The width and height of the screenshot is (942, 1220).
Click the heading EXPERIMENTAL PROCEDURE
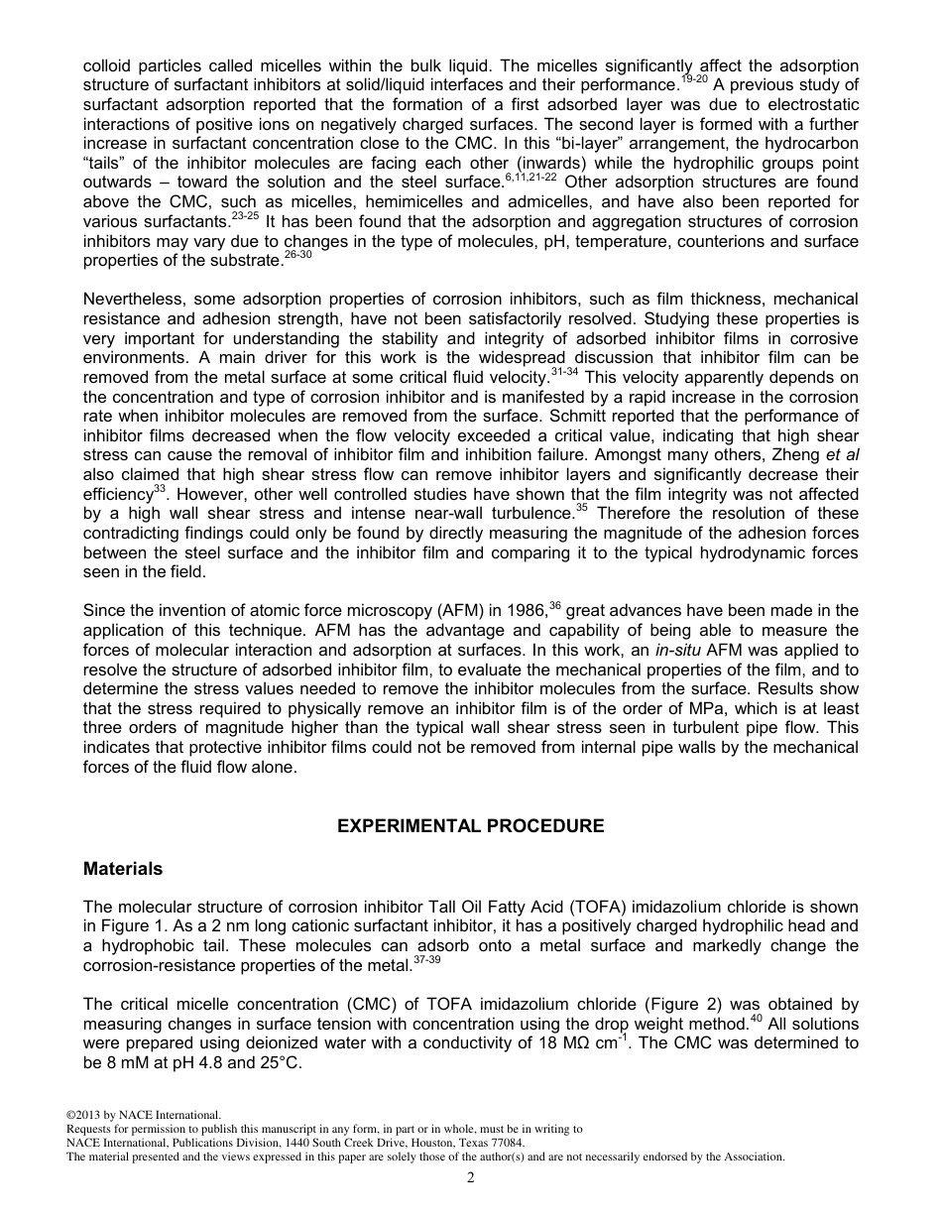point(471,826)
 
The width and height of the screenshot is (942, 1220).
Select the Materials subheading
point(123,869)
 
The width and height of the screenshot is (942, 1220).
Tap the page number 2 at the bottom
point(471,1177)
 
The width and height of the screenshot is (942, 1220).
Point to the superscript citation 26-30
point(297,255)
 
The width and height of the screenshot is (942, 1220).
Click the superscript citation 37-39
point(427,959)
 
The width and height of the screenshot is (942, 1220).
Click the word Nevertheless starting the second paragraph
point(132,300)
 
